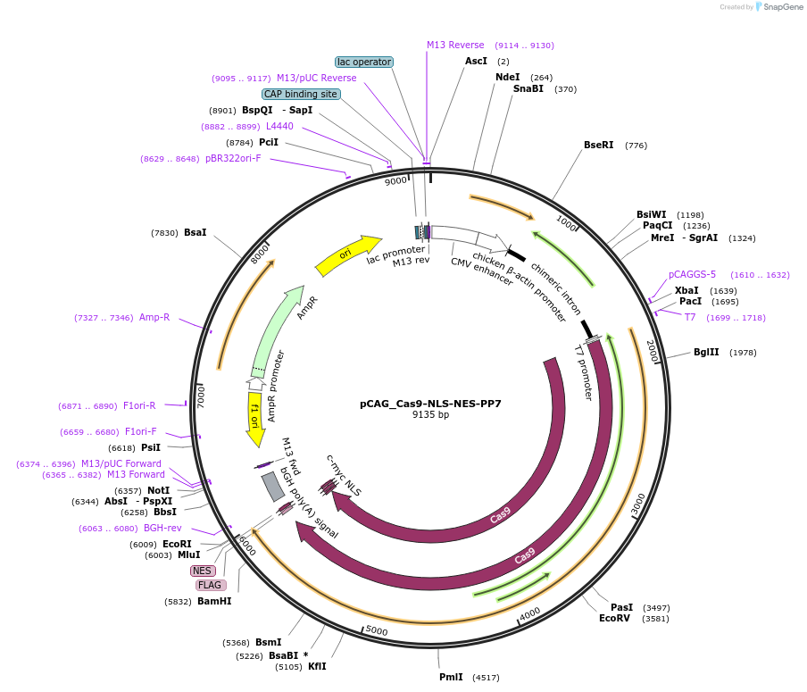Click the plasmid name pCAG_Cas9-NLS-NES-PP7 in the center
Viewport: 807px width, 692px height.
[430, 404]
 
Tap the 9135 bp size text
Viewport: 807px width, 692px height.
[430, 414]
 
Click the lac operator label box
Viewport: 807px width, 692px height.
[364, 62]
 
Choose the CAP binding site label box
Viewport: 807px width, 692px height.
[301, 94]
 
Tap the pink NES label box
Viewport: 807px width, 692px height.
[203, 571]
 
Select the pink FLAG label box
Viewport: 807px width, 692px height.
[211, 585]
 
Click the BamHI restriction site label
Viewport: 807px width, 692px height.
[214, 601]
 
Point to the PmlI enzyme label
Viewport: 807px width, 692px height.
[451, 677]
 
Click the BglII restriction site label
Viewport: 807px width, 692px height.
[706, 352]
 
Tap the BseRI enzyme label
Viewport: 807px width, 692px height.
[599, 145]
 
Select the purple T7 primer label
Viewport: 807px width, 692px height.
[690, 317]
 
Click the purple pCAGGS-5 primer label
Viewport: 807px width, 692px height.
[692, 274]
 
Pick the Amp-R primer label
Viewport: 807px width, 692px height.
[154, 317]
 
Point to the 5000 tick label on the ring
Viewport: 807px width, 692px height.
[377, 630]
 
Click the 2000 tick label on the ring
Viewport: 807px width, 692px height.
[653, 351]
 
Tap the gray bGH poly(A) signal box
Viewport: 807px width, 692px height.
[273, 487]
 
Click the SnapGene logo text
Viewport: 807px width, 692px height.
[783, 6]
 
